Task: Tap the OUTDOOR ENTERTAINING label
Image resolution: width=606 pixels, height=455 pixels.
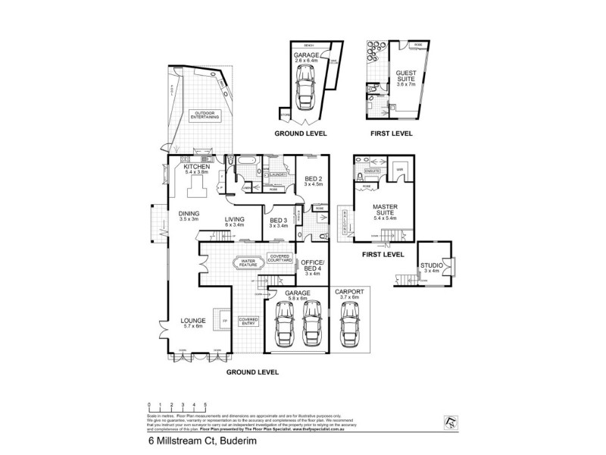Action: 201,115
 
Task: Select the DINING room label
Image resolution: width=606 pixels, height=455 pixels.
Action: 189,215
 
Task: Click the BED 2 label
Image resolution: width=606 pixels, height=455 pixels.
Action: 313,180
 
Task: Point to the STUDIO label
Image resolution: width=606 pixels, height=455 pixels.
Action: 432,267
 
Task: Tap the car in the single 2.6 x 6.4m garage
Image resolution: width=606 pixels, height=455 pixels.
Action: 308,89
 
